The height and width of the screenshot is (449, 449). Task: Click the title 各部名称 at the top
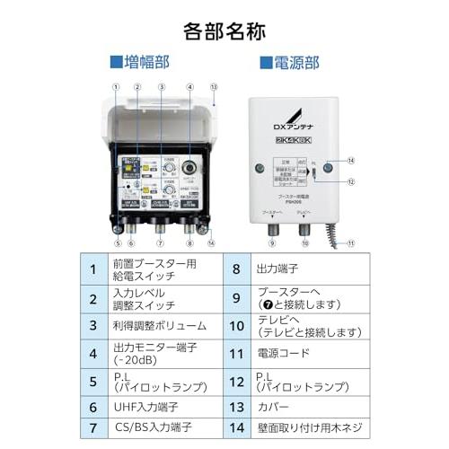(x=224, y=31)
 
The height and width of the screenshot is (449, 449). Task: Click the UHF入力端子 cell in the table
(x=158, y=406)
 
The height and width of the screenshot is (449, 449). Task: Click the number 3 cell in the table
(x=93, y=325)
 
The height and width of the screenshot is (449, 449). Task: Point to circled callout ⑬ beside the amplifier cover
(x=214, y=87)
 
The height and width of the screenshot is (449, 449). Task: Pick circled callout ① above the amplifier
(x=116, y=87)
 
